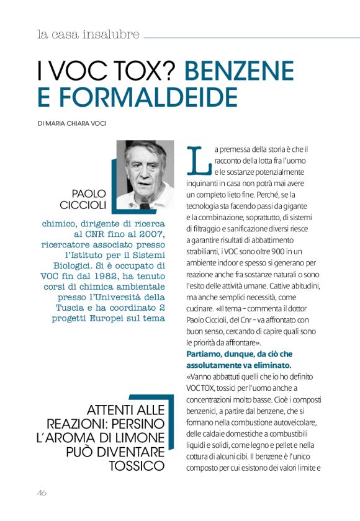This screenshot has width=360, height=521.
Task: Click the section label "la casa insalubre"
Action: coord(88,35)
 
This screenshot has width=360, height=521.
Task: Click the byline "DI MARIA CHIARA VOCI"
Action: coord(72,123)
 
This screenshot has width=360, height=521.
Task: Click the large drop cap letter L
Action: coord(196,159)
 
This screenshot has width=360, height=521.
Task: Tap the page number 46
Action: coord(42,493)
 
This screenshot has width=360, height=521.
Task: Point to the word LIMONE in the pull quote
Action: coord(141,438)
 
